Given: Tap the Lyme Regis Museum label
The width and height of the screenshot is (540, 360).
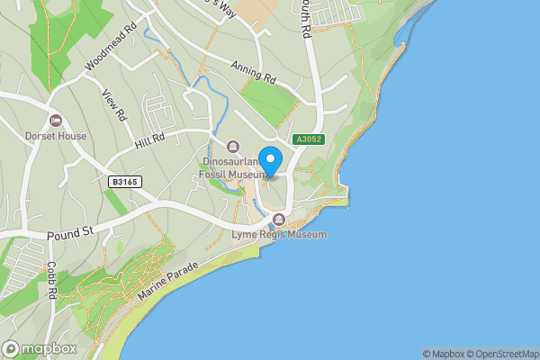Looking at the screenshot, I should (280, 234).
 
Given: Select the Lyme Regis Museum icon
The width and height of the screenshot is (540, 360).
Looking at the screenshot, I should (279, 220).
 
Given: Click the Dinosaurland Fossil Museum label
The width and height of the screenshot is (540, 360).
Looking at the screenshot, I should (233, 167).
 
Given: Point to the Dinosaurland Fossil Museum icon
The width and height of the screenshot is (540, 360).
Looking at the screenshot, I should (233, 147).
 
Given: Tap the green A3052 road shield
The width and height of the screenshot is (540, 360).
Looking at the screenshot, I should (307, 140).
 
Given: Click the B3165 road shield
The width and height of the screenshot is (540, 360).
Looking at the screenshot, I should (123, 182).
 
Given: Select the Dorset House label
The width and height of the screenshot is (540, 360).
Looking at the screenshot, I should (57, 136).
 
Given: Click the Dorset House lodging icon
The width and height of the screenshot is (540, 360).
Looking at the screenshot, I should (56, 121).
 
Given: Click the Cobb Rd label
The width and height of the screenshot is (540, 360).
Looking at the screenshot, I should (52, 280).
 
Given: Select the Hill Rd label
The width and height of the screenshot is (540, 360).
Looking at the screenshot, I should (150, 139).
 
